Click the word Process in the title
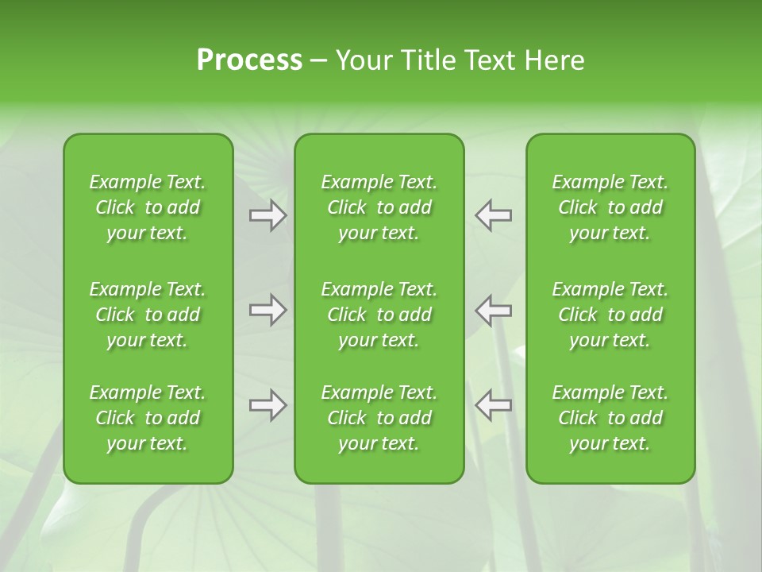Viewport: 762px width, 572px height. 249,60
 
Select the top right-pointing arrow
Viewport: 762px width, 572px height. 267,215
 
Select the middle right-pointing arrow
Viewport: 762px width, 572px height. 267,310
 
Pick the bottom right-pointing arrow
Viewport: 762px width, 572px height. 267,405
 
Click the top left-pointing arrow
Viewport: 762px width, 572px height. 493,215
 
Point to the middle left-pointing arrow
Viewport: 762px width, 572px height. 493,310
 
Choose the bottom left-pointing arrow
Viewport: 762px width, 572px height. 493,405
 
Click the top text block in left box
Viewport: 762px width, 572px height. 148,207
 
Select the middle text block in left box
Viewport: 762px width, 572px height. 148,315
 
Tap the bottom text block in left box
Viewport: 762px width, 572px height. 148,418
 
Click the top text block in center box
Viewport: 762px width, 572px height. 379,207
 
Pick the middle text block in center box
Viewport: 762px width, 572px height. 379,315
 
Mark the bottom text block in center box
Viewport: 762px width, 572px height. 379,418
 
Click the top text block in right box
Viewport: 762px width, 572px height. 610,207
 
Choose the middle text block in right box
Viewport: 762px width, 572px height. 610,315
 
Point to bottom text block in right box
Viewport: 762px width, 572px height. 610,418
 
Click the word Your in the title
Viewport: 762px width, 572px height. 363,60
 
